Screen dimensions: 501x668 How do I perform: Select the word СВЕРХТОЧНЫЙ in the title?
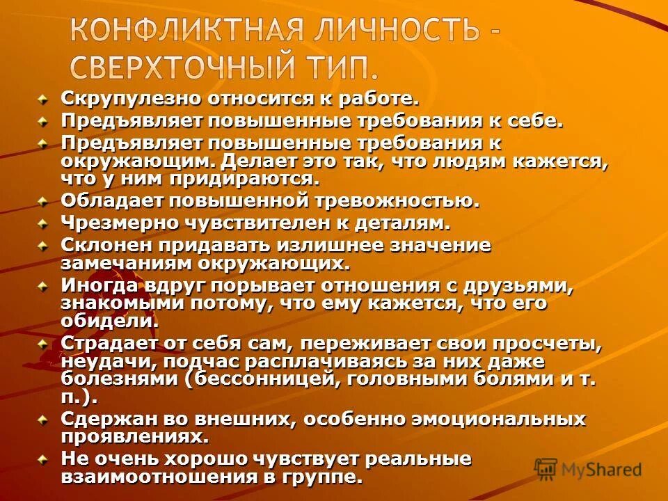pyautogui.click(x=180, y=68)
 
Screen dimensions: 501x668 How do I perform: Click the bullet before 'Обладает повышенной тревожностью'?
pyautogui.click(x=44, y=202)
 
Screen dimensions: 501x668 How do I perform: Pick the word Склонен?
pyautogui.click(x=101, y=245)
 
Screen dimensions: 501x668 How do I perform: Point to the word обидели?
pyautogui.click(x=109, y=321)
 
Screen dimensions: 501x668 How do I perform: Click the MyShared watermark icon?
pyautogui.click(x=546, y=468)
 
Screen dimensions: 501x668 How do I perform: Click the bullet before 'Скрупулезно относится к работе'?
pyautogui.click(x=44, y=100)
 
